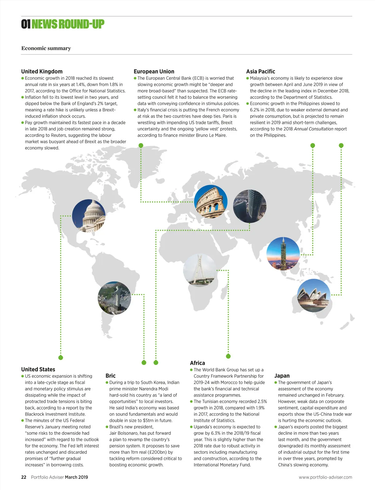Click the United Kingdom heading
42,71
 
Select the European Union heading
154,71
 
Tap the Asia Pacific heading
261,71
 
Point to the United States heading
38,369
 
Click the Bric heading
111,376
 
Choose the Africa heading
197,363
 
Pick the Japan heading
282,376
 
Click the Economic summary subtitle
46,48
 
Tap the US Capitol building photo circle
89,216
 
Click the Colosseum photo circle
211,202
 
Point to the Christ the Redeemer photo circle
114,298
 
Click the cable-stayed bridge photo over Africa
200,270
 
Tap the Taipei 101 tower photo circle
283,254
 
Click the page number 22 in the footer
24,477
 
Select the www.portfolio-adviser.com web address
325,477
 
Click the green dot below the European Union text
141,145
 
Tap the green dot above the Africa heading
228,356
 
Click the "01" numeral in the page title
26,24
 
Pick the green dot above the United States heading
61,357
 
